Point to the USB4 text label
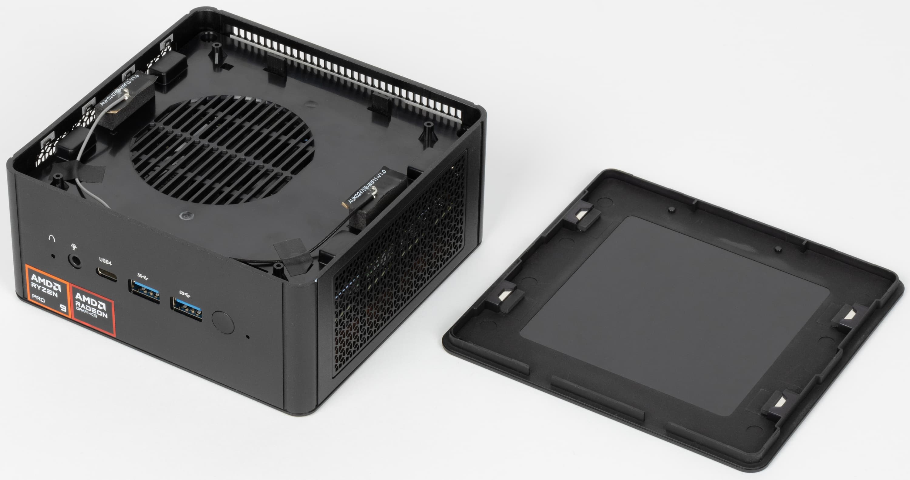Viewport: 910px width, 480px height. point(105,262)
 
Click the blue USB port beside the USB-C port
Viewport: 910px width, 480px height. point(144,291)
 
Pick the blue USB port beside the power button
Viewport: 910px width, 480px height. point(187,308)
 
